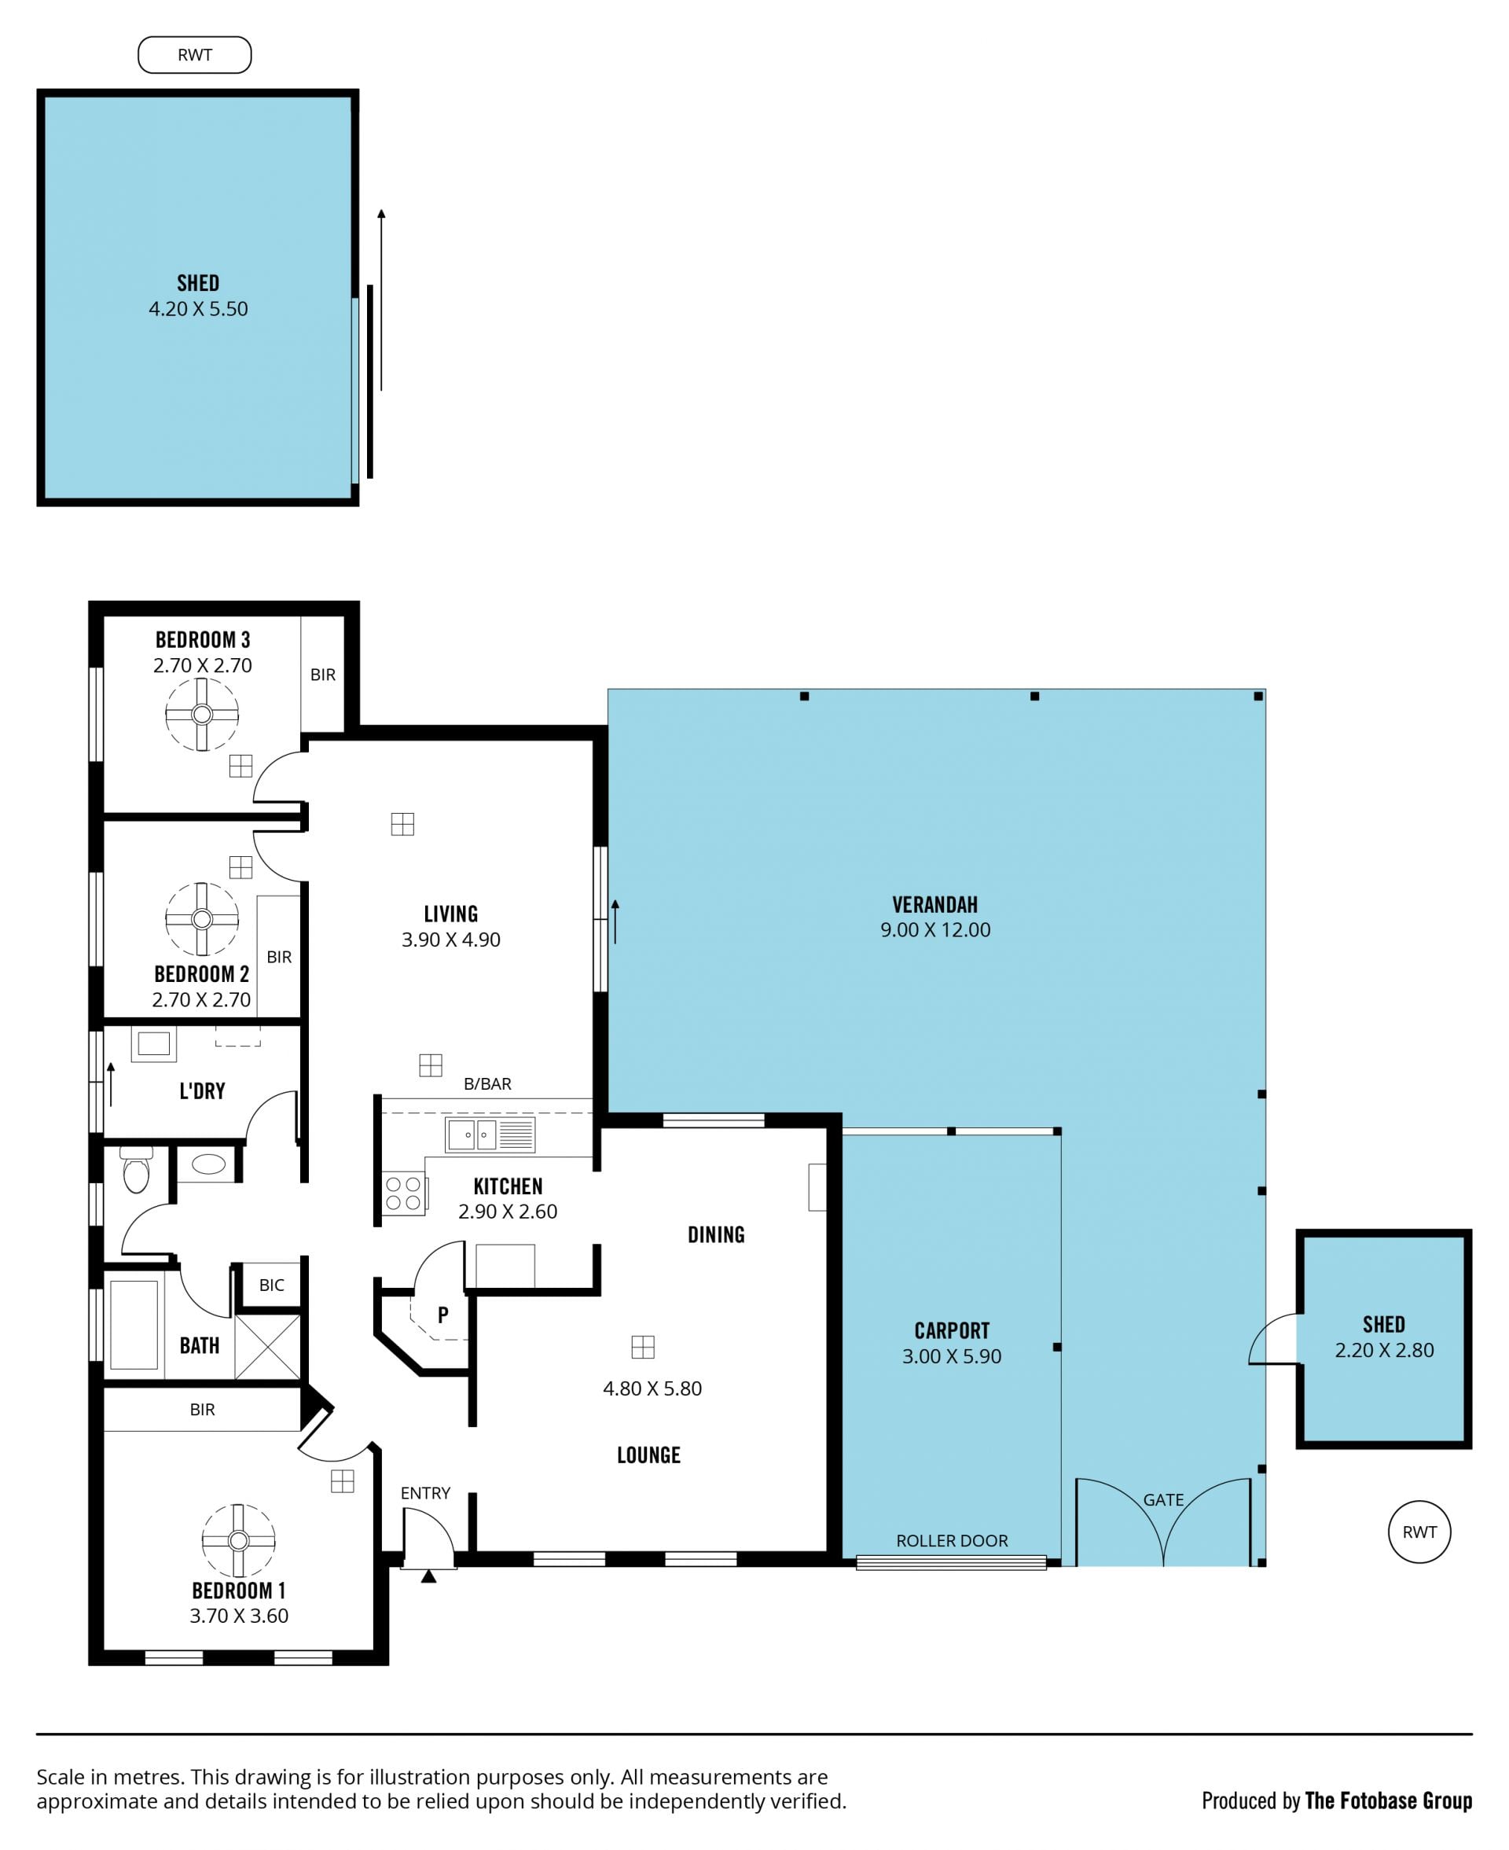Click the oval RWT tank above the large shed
(195, 55)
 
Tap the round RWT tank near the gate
(1419, 1532)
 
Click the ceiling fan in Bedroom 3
(202, 715)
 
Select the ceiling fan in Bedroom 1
(238, 1540)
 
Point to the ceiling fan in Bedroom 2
(202, 919)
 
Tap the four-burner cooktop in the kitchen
(403, 1193)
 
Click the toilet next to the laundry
(137, 1169)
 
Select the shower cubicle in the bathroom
(268, 1347)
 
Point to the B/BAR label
(487, 1084)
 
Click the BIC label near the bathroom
(271, 1285)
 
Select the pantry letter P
(443, 1315)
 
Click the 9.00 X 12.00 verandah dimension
(935, 930)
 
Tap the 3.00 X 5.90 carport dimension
(952, 1356)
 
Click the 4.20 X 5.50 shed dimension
(198, 309)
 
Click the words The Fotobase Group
(1388, 1800)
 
